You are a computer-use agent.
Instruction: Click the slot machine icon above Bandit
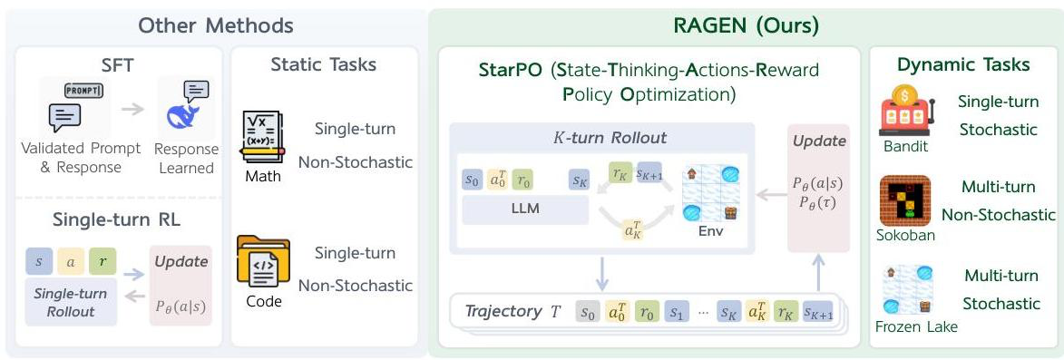[x=906, y=113]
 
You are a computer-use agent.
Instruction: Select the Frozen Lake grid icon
[x=906, y=289]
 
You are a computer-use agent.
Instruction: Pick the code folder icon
[x=264, y=261]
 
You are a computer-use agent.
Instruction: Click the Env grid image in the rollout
[x=709, y=194]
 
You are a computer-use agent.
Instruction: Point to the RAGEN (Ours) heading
[x=746, y=25]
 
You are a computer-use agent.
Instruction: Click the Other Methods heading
[x=216, y=25]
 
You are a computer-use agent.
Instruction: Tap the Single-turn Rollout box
[x=71, y=302]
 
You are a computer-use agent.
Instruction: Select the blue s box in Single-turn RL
[x=39, y=261]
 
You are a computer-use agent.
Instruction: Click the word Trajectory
[x=503, y=312]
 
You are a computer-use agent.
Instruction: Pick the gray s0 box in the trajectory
[x=589, y=313]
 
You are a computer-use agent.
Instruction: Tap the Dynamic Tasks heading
[x=963, y=64]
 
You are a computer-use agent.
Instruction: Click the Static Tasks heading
[x=324, y=64]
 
